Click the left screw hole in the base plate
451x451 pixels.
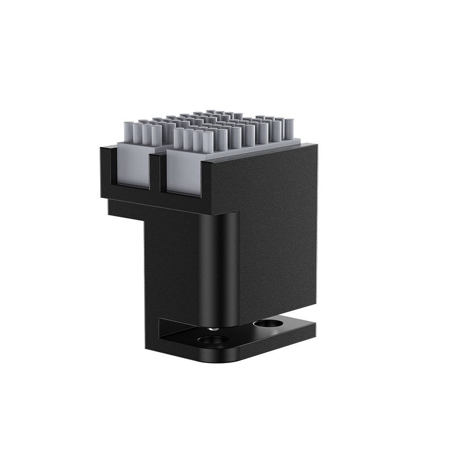212,340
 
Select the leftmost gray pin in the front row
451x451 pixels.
128,133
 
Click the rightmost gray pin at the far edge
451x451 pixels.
289,128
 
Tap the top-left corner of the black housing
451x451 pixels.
101,147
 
